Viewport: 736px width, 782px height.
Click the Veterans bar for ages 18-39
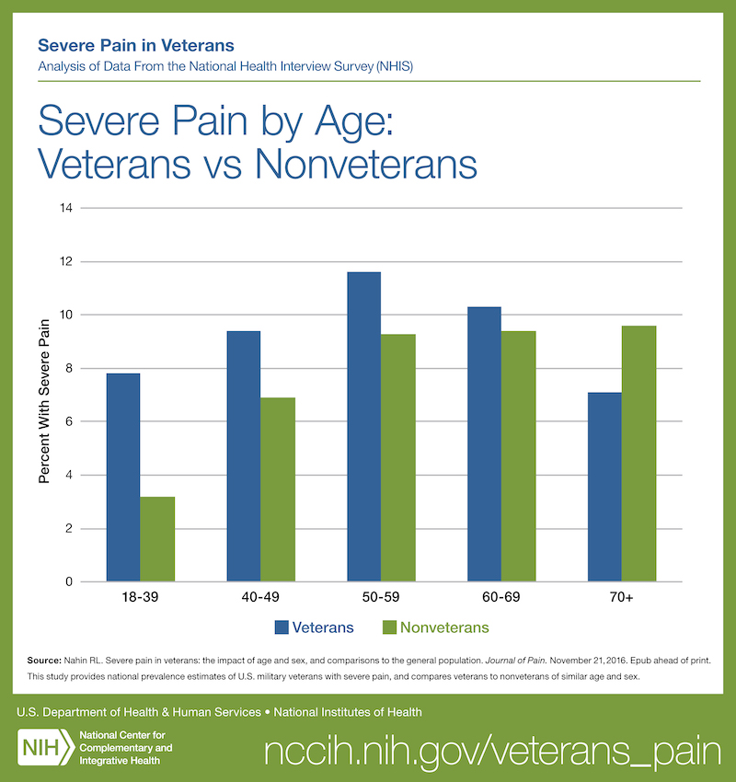pos(123,477)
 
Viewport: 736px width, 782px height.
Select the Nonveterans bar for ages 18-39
pos(157,539)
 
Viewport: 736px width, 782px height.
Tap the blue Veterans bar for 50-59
pos(363,427)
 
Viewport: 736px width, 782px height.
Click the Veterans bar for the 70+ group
pos(604,487)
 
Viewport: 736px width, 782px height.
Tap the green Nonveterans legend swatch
pos(388,627)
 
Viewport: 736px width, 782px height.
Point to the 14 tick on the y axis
pos(65,209)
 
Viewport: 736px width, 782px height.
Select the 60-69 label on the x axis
pos(501,598)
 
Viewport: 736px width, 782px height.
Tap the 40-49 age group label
pos(260,598)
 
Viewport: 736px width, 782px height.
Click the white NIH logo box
pos(46,742)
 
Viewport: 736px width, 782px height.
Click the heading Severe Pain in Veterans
pos(135,45)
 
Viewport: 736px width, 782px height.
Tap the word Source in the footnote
pos(43,661)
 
